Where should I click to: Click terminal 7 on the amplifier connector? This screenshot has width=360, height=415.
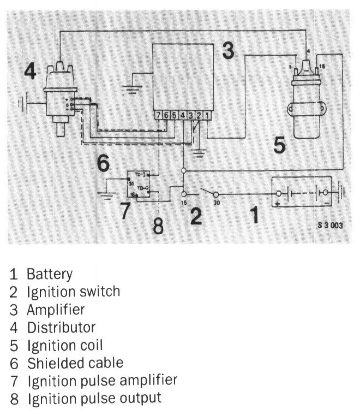158,115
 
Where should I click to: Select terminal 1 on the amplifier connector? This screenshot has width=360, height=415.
207,115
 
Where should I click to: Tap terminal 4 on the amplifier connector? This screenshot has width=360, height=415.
183,115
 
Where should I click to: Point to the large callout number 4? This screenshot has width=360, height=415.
32,72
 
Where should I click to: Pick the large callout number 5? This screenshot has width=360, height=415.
279,145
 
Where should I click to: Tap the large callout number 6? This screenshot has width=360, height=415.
103,162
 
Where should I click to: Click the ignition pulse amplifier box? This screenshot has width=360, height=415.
139,185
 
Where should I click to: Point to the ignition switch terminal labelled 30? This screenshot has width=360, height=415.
215,194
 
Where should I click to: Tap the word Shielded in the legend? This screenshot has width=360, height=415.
50,362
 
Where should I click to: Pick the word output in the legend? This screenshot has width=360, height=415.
142,398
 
